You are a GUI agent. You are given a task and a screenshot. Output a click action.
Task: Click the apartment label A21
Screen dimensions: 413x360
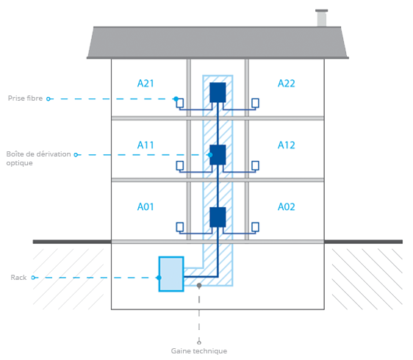pyautogui.click(x=146, y=84)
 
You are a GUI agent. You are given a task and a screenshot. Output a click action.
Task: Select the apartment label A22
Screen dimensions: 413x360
pyautogui.click(x=287, y=84)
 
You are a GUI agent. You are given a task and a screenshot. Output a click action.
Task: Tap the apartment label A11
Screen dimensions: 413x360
pyautogui.click(x=146, y=145)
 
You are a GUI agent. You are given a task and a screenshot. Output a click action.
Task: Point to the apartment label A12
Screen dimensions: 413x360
pyautogui.click(x=287, y=145)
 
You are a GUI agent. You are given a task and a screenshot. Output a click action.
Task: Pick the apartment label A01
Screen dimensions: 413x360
pyautogui.click(x=146, y=206)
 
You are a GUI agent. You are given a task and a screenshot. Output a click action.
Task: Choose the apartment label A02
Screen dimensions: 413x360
pyautogui.click(x=287, y=206)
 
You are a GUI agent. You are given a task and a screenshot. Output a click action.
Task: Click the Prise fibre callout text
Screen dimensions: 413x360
pyautogui.click(x=25, y=98)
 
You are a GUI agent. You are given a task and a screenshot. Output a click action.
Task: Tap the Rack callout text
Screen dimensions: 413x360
pyautogui.click(x=18, y=278)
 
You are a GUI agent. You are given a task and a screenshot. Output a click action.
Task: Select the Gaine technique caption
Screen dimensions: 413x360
pyautogui.click(x=199, y=350)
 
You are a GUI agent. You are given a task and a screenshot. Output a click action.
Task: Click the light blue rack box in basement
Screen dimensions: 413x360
pyautogui.click(x=171, y=274)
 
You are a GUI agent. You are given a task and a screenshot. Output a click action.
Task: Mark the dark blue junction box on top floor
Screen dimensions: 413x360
pyautogui.click(x=218, y=93)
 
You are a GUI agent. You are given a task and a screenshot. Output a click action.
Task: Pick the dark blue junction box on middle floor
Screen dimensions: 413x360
pyautogui.click(x=218, y=155)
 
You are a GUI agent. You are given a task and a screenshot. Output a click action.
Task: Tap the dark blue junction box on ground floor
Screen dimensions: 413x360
pyautogui.click(x=218, y=217)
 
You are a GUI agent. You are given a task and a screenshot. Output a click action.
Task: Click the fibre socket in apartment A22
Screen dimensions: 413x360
pyautogui.click(x=255, y=103)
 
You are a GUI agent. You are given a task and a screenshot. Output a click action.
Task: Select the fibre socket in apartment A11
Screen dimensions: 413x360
pyautogui.click(x=180, y=165)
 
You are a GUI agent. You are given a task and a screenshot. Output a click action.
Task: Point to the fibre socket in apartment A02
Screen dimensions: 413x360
pyautogui.click(x=255, y=227)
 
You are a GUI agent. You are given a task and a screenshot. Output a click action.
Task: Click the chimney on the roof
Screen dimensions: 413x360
pyautogui.click(x=322, y=18)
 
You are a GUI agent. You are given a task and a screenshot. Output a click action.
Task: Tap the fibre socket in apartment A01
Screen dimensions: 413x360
pyautogui.click(x=180, y=227)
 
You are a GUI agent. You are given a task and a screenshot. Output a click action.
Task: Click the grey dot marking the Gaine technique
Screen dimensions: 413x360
pyautogui.click(x=199, y=286)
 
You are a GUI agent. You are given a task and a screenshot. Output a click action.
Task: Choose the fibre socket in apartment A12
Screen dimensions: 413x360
pyautogui.click(x=255, y=165)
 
